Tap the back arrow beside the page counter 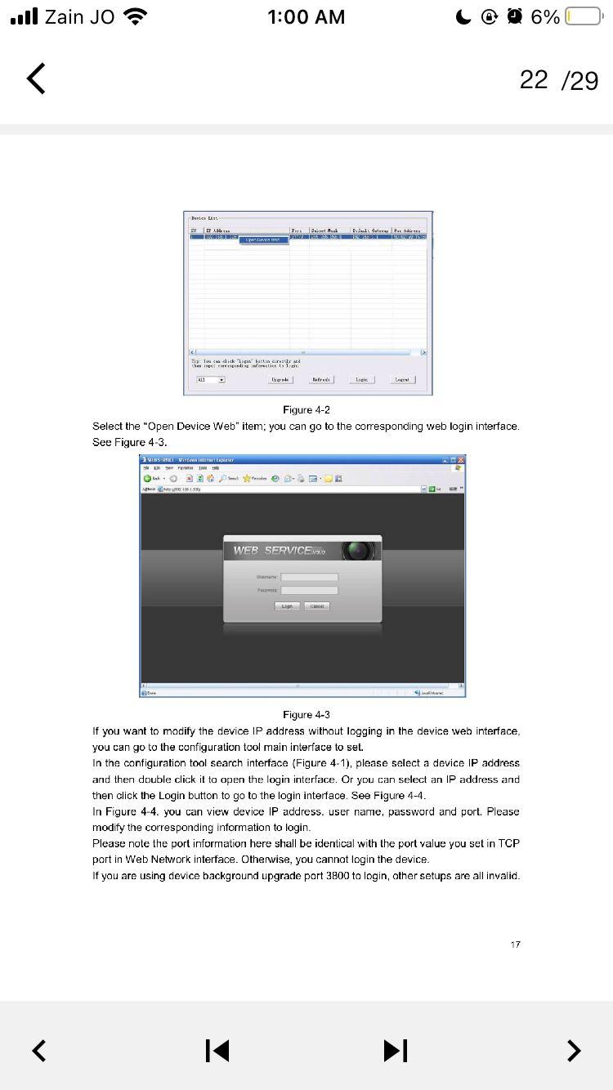36,78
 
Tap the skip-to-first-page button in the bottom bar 217,1050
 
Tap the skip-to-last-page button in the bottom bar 396,1050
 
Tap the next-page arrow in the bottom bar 574,1050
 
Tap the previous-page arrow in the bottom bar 38,1050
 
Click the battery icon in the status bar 583,16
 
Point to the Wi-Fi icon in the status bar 134,16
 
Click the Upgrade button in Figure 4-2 280,379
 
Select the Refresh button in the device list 321,379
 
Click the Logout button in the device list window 402,379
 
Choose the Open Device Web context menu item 263,239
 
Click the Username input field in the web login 309,577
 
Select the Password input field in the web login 309,590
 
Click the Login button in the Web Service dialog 287,606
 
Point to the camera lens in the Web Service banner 357,550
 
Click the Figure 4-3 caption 306,715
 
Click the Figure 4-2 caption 306,410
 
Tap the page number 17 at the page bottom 515,945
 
